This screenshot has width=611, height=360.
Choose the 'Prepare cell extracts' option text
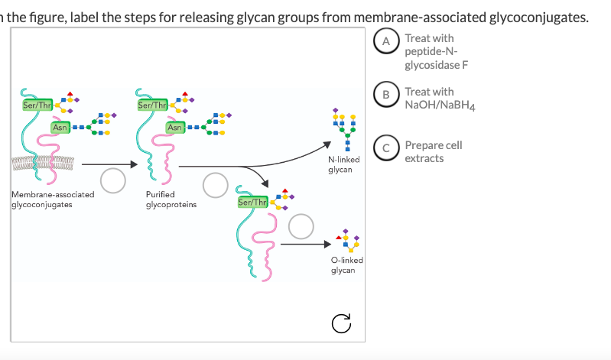[x=433, y=151]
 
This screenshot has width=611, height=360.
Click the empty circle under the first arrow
[x=113, y=180]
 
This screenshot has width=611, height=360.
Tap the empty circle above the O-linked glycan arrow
[x=301, y=225]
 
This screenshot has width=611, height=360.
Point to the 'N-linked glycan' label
[x=340, y=164]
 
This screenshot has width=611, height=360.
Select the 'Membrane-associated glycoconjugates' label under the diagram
[x=54, y=200]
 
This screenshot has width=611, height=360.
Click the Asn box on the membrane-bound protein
[x=60, y=126]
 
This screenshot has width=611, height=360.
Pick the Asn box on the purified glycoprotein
[x=175, y=126]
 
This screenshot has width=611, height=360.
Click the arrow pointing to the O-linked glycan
[x=307, y=245]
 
